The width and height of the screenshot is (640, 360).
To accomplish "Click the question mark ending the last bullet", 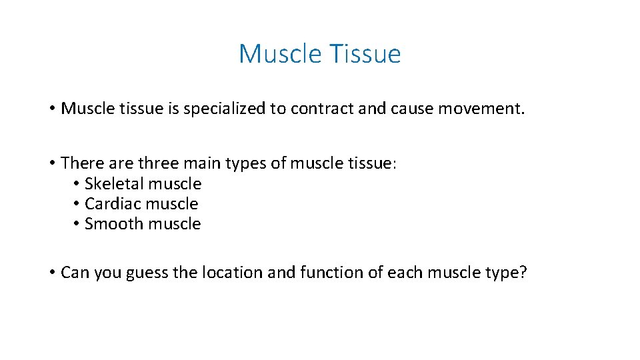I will pyautogui.click(x=522, y=273).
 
